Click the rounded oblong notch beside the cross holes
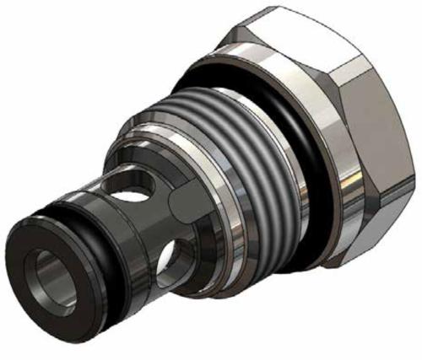tap(184, 201)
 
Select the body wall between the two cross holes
tap(152, 219)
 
